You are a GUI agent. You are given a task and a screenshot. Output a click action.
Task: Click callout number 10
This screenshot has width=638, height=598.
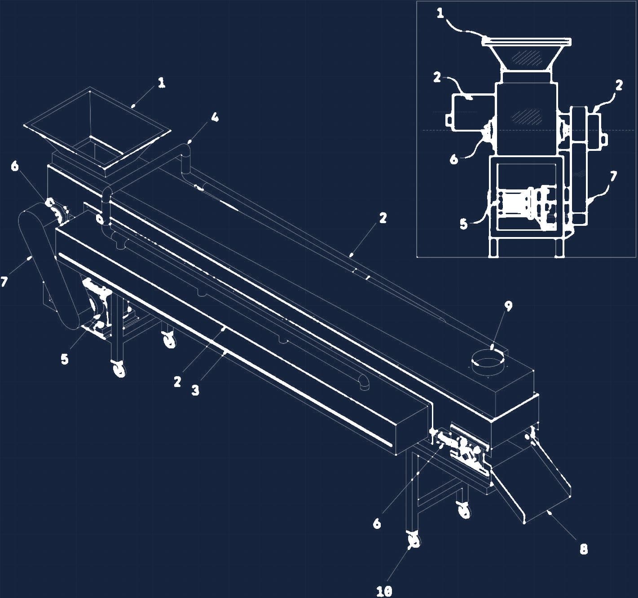(x=384, y=590)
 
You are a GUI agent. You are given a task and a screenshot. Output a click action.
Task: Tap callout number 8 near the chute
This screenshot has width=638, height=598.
(x=583, y=549)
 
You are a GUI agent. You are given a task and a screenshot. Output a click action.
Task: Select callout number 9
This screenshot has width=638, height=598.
(x=508, y=306)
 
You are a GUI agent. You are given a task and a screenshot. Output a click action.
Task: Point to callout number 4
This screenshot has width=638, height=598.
(x=215, y=117)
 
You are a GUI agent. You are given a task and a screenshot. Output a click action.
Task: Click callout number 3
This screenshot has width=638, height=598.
(x=195, y=390)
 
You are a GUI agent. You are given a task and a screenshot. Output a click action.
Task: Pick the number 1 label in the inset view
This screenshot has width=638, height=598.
(x=440, y=13)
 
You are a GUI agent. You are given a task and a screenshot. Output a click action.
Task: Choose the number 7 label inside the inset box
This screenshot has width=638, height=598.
(x=613, y=176)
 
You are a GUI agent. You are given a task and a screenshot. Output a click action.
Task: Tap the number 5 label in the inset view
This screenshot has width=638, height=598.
(x=463, y=224)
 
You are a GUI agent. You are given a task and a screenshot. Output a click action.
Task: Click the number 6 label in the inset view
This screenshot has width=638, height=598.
(x=453, y=159)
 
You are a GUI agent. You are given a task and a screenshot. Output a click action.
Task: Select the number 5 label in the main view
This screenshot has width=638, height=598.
(x=65, y=359)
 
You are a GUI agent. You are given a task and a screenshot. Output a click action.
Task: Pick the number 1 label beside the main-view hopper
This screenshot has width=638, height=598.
(x=161, y=83)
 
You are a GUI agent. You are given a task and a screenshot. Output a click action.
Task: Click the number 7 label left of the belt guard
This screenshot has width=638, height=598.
(x=4, y=282)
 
